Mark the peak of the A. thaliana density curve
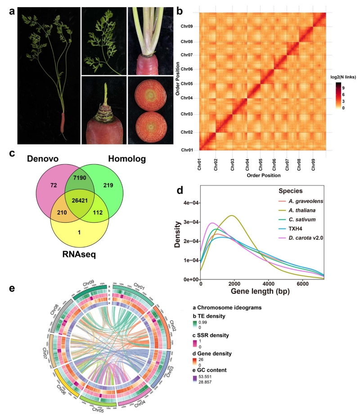tap(231, 216)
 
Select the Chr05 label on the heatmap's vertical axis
tap(187, 84)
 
